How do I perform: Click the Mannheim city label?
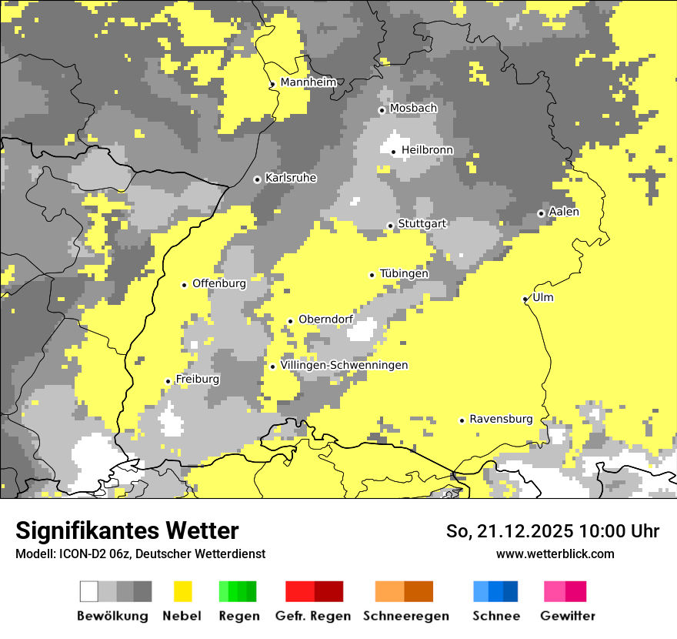coord(308,82)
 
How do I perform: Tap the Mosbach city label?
coord(413,109)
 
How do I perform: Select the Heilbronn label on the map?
coord(427,150)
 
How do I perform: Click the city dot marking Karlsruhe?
coord(258,179)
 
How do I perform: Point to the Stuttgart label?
coord(422,224)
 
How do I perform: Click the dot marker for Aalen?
coord(541,213)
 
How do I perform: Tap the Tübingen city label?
coord(404,274)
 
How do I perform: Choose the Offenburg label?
coord(219,283)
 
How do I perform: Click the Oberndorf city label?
coord(325,320)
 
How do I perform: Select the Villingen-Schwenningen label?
coord(344,366)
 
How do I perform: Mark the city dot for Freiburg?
coord(168,381)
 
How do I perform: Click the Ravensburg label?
coord(501,420)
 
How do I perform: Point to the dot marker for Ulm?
coord(525,299)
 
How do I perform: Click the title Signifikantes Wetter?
coord(127,531)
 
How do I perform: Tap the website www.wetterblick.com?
coord(555,554)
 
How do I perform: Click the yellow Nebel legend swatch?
coord(182,591)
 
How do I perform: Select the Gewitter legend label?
coord(567,616)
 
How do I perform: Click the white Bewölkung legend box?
coord(89,591)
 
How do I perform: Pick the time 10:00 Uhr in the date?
coord(614,531)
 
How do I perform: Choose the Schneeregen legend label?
coord(405,616)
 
